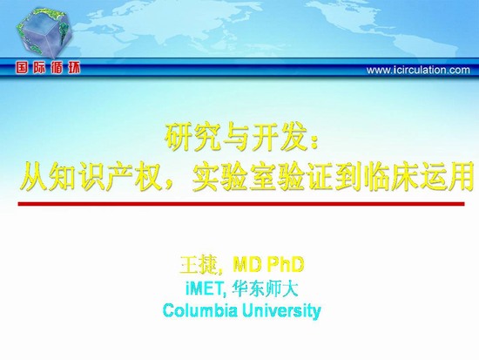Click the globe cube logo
point(45,33)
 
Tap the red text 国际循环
point(48,68)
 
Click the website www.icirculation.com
point(418,71)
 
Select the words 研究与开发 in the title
point(236,138)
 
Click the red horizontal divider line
point(241,204)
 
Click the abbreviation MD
point(246,264)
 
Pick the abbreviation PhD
point(286,264)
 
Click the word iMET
point(205,289)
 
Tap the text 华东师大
point(264,289)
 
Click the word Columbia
point(200,310)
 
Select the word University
point(281,311)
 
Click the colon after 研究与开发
point(314,142)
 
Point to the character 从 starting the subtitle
point(34,177)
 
